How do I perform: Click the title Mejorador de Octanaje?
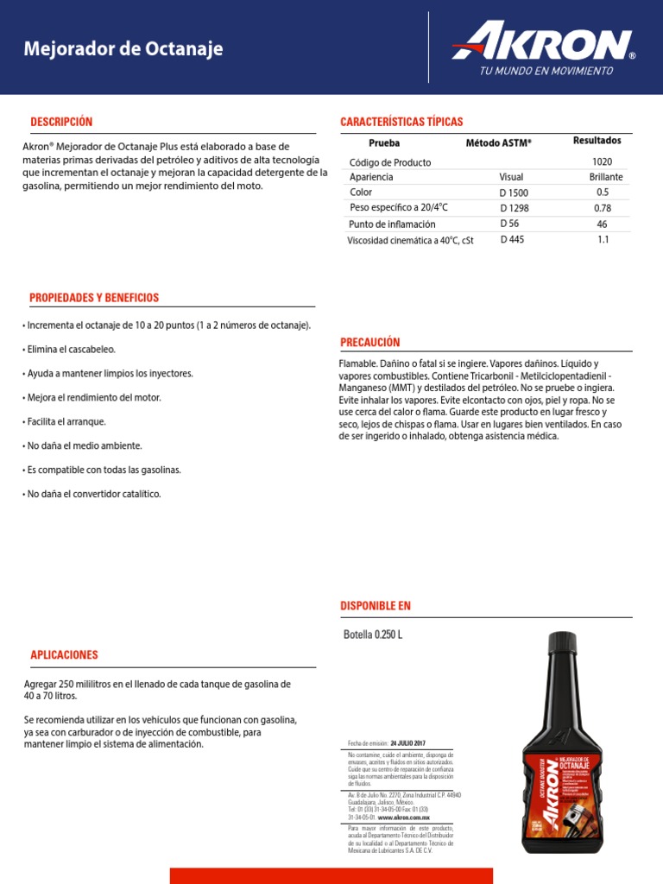point(123,49)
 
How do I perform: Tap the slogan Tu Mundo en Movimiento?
point(546,71)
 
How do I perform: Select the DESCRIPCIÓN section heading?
point(61,122)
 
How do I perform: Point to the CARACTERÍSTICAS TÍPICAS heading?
point(401,122)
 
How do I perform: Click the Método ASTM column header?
point(499,142)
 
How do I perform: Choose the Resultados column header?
point(597,141)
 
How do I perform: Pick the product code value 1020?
point(602,162)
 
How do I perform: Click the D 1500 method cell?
point(514,193)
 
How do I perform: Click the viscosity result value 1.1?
point(603,240)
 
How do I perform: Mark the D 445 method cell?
point(512,240)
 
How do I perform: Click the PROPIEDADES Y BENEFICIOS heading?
point(94,298)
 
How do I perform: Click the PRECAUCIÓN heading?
point(370,342)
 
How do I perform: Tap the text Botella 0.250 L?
point(373,635)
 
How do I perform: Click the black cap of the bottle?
point(562,643)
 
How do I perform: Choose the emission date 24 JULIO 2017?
point(407,743)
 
